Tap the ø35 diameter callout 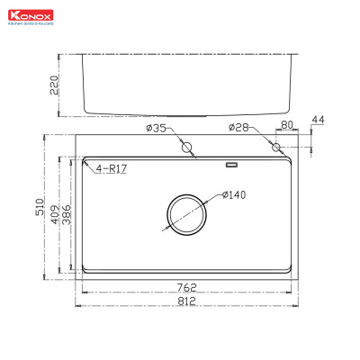(156, 129)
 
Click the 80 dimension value (287, 126)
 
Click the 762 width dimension (185, 287)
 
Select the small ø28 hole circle (276, 147)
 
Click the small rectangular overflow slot (230, 166)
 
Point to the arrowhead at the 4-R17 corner (84, 166)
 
